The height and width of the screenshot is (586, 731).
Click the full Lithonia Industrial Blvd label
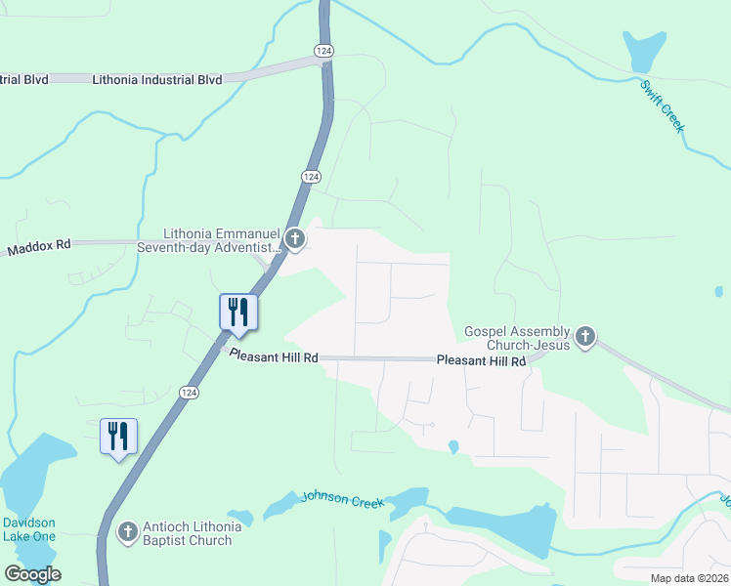(156, 79)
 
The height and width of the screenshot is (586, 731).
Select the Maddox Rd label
(39, 248)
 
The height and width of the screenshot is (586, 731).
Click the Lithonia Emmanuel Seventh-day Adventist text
(221, 241)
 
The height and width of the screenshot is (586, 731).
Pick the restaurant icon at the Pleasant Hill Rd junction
(238, 313)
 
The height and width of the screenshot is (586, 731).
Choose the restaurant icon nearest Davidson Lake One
(118, 436)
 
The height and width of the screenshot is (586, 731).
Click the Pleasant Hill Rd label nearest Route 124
(274, 356)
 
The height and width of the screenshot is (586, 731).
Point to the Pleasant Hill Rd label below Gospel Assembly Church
(481, 360)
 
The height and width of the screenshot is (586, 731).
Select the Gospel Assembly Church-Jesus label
(516, 338)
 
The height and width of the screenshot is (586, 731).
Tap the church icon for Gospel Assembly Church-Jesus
(585, 337)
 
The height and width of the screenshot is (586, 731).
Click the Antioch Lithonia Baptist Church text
(191, 533)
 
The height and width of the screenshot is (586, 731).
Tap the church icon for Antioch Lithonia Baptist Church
(126, 532)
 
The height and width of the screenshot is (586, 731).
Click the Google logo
(32, 574)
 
